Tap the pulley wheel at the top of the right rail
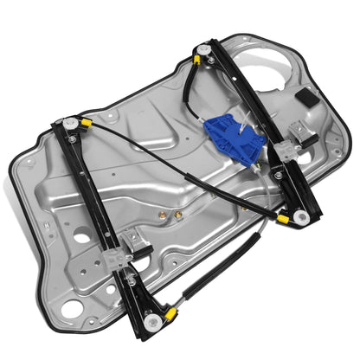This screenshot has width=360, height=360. point(202,50)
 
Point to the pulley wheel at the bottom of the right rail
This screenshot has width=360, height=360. point(299,218)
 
